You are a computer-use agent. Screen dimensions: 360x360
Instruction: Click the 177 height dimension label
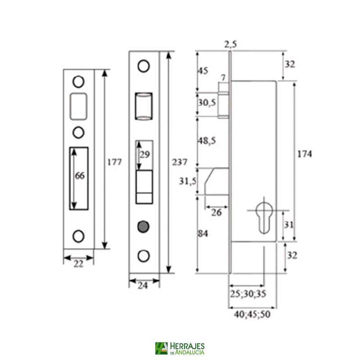click(x=115, y=162)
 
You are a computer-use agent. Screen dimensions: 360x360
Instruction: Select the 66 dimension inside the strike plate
click(x=79, y=176)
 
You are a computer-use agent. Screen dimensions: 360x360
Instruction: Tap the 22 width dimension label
click(x=78, y=265)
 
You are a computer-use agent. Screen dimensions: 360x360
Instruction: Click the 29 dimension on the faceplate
click(x=144, y=154)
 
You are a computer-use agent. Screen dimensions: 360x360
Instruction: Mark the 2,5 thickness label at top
click(x=230, y=44)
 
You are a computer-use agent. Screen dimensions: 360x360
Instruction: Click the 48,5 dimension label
click(x=207, y=141)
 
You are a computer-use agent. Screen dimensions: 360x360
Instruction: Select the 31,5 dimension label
click(x=188, y=180)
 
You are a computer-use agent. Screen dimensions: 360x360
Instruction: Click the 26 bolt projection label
click(x=216, y=212)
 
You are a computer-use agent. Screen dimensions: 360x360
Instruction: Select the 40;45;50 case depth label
click(x=252, y=315)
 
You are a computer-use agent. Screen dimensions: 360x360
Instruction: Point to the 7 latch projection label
click(x=223, y=78)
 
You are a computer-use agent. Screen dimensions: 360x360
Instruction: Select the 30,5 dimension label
click(x=207, y=103)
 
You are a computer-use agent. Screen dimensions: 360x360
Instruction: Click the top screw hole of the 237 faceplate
click(x=144, y=66)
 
